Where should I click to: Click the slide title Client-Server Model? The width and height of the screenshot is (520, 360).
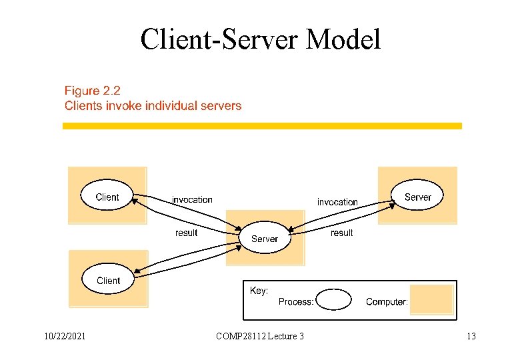260,39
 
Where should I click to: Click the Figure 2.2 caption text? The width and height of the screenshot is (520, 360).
93,90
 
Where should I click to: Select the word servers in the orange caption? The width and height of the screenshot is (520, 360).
220,105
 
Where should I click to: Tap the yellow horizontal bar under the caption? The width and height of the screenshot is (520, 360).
262,125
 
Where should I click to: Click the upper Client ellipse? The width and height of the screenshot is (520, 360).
107,197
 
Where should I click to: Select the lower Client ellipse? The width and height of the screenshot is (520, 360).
108,280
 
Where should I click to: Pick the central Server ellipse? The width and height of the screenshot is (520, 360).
265,239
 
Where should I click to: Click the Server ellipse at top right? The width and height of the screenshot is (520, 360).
417,197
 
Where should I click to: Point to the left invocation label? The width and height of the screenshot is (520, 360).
192,199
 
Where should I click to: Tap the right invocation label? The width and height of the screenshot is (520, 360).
337,201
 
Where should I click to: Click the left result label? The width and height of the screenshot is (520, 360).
186,233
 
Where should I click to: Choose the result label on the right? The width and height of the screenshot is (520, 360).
342,233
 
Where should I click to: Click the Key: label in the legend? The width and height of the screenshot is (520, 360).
259,291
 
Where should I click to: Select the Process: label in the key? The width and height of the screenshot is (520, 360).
296,302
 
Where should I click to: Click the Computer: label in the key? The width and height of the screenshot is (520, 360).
387,302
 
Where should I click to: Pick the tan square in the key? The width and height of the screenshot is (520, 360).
431,299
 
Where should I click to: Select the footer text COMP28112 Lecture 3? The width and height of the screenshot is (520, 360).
260,336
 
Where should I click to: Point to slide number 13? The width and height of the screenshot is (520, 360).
471,336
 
